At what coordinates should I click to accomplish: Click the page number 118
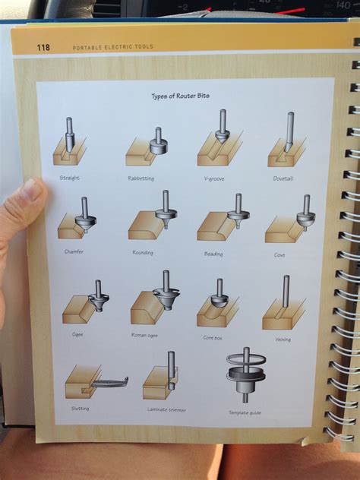pos(43,47)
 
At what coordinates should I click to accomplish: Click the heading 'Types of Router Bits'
pos(181,96)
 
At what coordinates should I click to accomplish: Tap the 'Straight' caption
pos(69,178)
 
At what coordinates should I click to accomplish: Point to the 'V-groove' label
pos(214,178)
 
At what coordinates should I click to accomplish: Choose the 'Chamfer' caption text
pos(75,251)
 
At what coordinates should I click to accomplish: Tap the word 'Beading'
pos(213,254)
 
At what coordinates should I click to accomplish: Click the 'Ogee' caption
pos(77,333)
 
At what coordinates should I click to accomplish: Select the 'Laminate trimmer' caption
pos(166,409)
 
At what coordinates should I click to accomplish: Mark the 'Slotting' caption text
pos(79,409)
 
